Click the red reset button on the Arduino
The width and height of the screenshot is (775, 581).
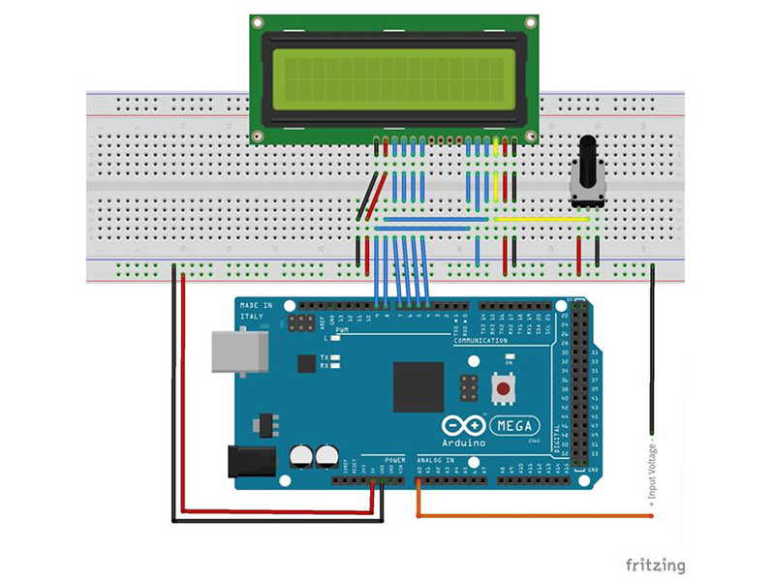click(503, 390)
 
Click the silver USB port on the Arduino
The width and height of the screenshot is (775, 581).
click(232, 352)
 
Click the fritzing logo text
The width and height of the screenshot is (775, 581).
click(655, 565)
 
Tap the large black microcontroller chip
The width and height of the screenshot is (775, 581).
click(418, 386)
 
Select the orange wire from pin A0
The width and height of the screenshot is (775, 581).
click(533, 516)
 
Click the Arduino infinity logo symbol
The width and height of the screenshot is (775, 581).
click(462, 426)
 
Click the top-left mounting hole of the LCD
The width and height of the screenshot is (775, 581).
click(258, 22)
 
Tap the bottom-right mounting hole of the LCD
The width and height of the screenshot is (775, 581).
click(529, 138)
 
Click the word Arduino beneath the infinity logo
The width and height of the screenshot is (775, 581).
click(464, 443)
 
